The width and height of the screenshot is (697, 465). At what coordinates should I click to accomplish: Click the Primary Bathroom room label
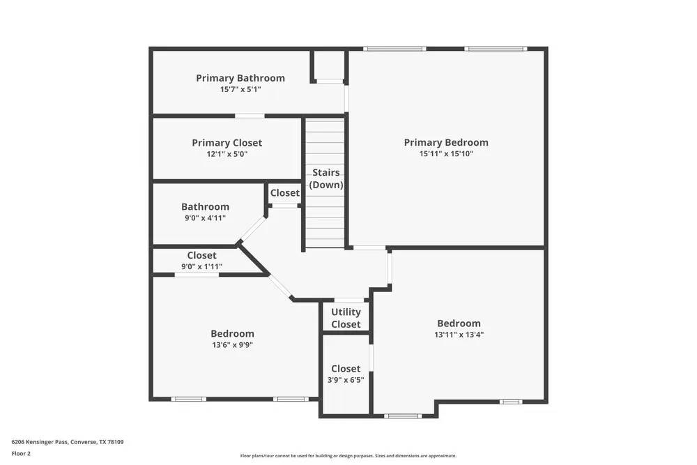tap(240, 78)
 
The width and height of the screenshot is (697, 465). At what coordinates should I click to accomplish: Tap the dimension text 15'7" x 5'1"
tap(240, 89)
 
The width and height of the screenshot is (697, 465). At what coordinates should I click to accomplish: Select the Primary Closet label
tap(227, 143)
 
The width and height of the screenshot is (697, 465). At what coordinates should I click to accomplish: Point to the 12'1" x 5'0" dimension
tap(227, 154)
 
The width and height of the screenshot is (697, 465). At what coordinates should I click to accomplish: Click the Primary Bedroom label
tap(446, 142)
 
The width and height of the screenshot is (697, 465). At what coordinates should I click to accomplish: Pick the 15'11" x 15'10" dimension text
tap(446, 154)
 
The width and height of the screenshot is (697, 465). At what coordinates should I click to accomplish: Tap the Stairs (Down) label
tap(326, 178)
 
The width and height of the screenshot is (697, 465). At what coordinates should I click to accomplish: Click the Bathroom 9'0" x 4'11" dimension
tap(205, 218)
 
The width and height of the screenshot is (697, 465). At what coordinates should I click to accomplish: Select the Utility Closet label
tap(346, 318)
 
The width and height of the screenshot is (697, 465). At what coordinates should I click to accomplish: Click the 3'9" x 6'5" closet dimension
tap(346, 380)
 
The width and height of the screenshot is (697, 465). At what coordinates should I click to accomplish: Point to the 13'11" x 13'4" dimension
tap(459, 335)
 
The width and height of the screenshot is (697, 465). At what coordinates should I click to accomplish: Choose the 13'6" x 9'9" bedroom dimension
tap(232, 344)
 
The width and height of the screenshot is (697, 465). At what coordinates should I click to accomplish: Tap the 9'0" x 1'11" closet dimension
tap(201, 266)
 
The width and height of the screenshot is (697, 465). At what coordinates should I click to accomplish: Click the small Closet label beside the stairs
tap(284, 193)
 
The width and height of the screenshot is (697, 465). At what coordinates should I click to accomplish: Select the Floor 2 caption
tap(21, 453)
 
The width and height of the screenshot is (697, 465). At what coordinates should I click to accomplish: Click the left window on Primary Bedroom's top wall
tap(395, 49)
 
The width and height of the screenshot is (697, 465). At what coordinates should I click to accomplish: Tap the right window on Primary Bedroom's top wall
tap(496, 49)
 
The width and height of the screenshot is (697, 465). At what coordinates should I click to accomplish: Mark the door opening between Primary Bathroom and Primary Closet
tap(250, 116)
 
